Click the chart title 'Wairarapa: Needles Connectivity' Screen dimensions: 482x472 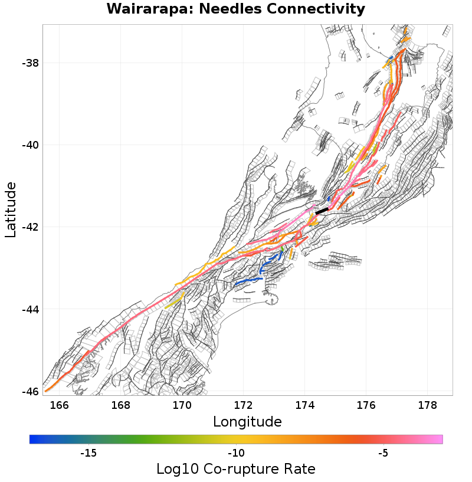[236, 9]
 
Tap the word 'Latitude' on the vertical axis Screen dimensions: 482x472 [11, 210]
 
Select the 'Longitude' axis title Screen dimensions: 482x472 [247, 421]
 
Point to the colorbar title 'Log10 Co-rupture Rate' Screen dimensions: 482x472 [236, 469]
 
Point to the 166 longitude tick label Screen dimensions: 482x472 [59, 405]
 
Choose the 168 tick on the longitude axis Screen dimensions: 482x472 [120, 405]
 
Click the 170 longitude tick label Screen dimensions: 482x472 [182, 405]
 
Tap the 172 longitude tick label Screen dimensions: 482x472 [243, 405]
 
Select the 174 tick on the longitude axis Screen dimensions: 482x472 [304, 405]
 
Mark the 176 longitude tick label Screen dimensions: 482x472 [366, 405]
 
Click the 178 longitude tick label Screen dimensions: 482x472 [427, 405]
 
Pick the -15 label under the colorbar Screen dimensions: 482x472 [88, 453]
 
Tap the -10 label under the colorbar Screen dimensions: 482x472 [236, 453]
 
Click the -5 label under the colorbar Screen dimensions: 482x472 [383, 453]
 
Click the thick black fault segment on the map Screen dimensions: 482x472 [322, 211]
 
